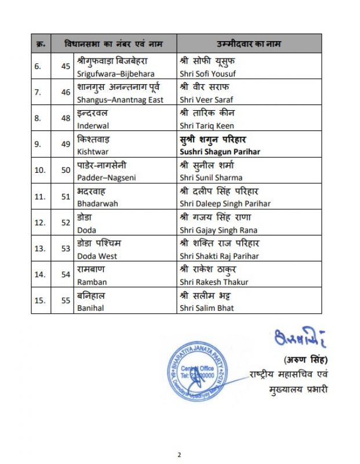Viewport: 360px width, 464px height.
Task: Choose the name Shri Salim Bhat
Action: click(206, 308)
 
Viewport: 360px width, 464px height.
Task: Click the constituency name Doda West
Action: click(97, 256)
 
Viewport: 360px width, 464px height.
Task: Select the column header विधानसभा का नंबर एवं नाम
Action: click(113, 44)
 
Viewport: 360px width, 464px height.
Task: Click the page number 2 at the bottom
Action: click(180, 454)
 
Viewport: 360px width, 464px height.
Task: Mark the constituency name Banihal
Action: click(90, 308)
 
